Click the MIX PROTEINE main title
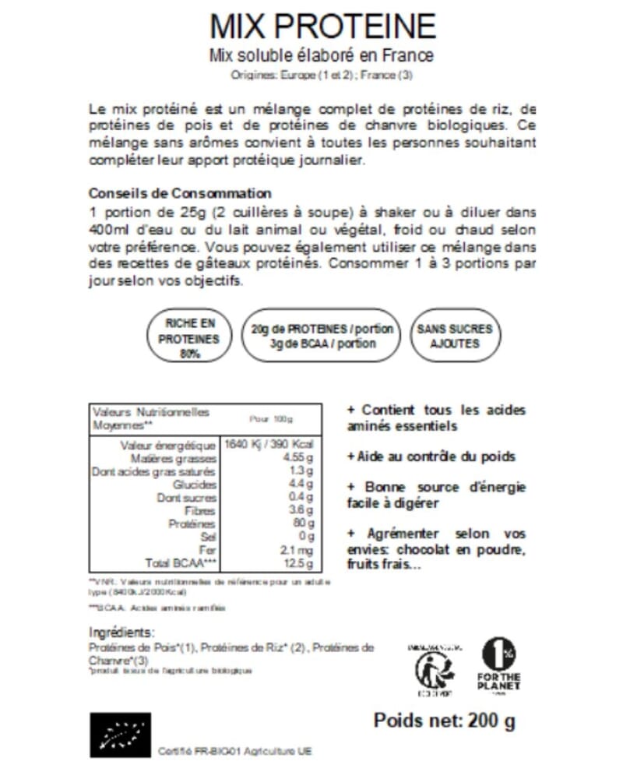click(322, 26)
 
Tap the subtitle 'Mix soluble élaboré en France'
click(321, 56)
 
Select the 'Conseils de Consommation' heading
click(180, 193)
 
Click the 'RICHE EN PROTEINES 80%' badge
click(189, 335)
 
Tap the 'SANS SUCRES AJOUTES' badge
click(454, 336)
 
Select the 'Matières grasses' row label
click(184, 459)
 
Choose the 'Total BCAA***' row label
click(180, 563)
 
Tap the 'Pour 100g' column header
click(271, 419)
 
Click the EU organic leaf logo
click(120, 735)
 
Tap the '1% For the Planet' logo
click(498, 666)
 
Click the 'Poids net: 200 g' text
click(444, 720)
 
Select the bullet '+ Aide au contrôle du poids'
click(431, 456)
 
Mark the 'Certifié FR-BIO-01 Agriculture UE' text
click(234, 752)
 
